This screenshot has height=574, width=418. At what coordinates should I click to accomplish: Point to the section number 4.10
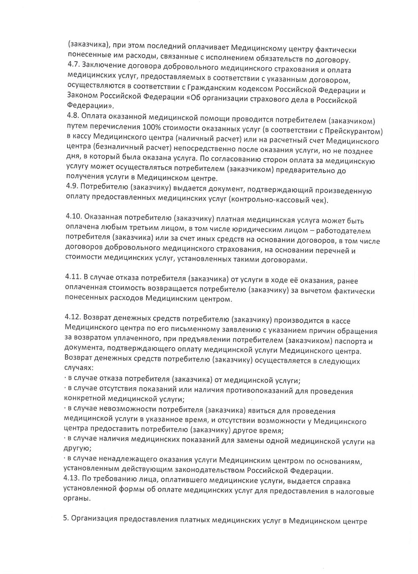[x=74, y=217]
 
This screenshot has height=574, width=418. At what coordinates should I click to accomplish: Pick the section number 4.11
[x=74, y=277]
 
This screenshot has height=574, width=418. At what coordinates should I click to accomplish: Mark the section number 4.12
[x=74, y=318]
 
